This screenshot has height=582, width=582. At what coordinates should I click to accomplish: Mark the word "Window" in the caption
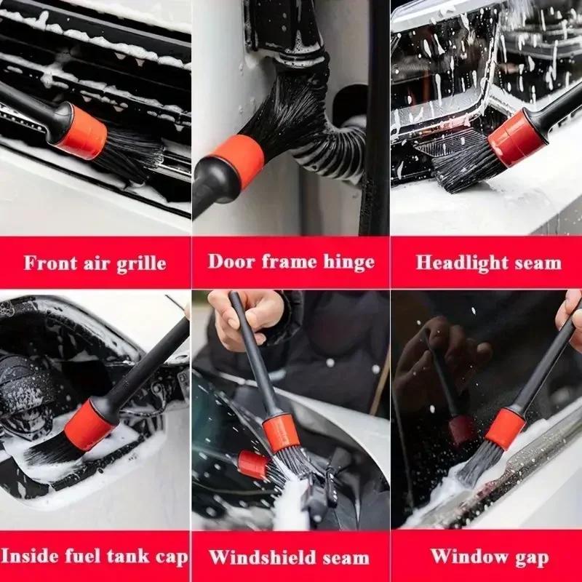pyautogui.click(x=466, y=557)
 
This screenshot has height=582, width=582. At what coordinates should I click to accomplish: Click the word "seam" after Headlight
pyautogui.click(x=537, y=263)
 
